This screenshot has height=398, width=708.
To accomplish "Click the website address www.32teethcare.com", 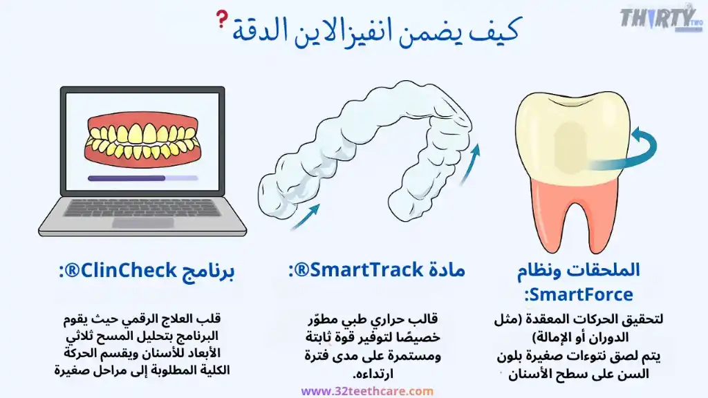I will click(367, 391).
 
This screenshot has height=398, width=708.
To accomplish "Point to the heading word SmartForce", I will click(579, 295).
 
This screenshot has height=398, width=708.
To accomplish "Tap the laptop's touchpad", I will click(142, 223).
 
